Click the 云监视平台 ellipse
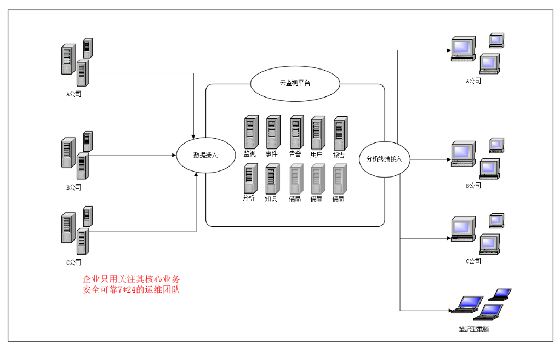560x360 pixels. (x=295, y=84)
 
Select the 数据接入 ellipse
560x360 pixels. (x=205, y=155)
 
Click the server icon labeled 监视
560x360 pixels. (x=250, y=132)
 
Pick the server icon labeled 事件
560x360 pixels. (x=273, y=132)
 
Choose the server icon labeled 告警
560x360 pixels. (x=296, y=132)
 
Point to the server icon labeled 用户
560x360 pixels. (x=318, y=133)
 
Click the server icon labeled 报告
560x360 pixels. (x=340, y=133)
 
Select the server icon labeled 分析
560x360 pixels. (x=250, y=178)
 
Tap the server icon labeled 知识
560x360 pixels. (x=272, y=179)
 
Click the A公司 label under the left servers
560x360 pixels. (x=74, y=94)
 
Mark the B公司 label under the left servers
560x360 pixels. (x=74, y=187)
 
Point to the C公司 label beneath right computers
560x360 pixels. (x=473, y=261)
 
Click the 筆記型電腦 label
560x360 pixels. (x=473, y=329)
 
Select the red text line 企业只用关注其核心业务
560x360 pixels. (x=131, y=279)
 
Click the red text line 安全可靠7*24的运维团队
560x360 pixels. (x=131, y=290)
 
